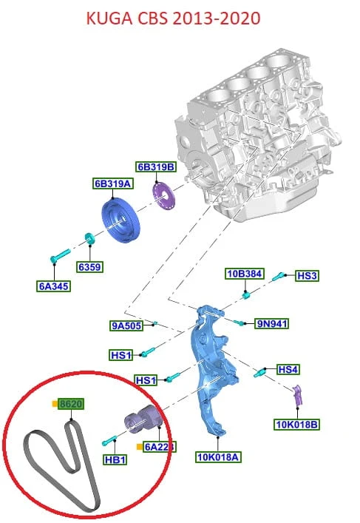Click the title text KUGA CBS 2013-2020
point(173,18)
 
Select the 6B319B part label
point(156,166)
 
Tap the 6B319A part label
point(113,183)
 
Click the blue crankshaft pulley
point(120,220)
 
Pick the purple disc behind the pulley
point(163,196)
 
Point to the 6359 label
point(89,267)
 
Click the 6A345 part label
point(54,286)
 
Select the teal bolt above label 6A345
point(60,255)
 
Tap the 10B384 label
point(245,274)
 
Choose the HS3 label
point(307,276)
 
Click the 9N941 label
point(271,323)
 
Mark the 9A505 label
point(126,325)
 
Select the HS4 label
point(288,370)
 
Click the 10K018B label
point(296,425)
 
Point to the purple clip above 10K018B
point(297,395)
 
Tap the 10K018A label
point(218,457)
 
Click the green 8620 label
point(71,404)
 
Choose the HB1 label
point(115,459)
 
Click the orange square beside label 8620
point(55,404)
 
